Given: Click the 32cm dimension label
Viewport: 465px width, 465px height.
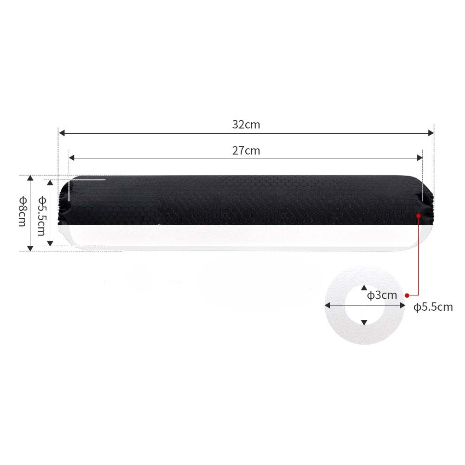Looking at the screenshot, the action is [x=246, y=124].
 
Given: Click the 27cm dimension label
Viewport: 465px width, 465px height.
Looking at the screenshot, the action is [x=246, y=151].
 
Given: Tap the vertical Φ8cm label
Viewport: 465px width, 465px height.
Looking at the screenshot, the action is [x=23, y=212].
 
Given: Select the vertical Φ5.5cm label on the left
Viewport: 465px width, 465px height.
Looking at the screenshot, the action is [x=42, y=216].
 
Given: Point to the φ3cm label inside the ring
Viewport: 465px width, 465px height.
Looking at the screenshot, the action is [x=382, y=295].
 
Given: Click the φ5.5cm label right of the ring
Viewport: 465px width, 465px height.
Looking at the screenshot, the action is [x=433, y=307].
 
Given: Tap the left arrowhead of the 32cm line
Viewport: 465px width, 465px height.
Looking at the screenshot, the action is [x=62, y=133].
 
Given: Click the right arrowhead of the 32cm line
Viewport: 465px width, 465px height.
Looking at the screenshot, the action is [x=431, y=133].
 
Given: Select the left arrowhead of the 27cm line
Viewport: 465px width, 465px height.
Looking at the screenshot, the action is [x=72, y=158].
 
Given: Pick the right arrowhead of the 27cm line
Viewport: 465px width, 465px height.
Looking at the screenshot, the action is [x=419, y=158].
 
